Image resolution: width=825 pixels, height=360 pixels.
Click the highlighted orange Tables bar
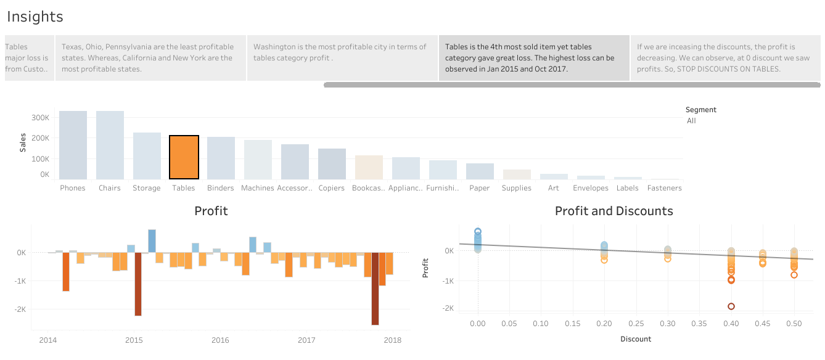(x=184, y=157)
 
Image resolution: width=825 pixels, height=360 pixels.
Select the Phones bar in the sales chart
(x=73, y=145)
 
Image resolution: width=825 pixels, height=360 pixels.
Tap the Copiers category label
(x=332, y=188)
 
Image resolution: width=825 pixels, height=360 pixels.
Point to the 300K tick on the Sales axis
(x=40, y=118)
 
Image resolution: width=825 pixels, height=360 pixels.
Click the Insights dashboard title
(x=35, y=17)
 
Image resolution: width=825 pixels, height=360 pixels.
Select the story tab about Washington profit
(x=342, y=58)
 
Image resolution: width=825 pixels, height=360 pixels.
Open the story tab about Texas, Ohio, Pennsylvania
(x=150, y=58)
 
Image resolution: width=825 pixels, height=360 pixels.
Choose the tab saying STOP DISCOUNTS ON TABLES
(x=724, y=58)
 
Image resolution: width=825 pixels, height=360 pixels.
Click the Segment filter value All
(x=691, y=121)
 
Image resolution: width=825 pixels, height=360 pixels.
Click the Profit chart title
(x=211, y=211)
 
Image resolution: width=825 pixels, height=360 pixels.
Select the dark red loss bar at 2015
(x=138, y=284)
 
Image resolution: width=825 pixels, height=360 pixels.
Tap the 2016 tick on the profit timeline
(x=220, y=340)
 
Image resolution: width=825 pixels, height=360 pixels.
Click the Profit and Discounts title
(x=614, y=211)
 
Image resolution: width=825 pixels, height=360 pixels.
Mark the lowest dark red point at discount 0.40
(x=731, y=306)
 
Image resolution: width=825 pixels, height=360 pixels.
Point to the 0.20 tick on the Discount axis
(x=604, y=324)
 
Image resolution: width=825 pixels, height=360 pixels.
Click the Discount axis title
(x=636, y=339)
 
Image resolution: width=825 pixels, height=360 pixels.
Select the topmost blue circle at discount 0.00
(x=478, y=232)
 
